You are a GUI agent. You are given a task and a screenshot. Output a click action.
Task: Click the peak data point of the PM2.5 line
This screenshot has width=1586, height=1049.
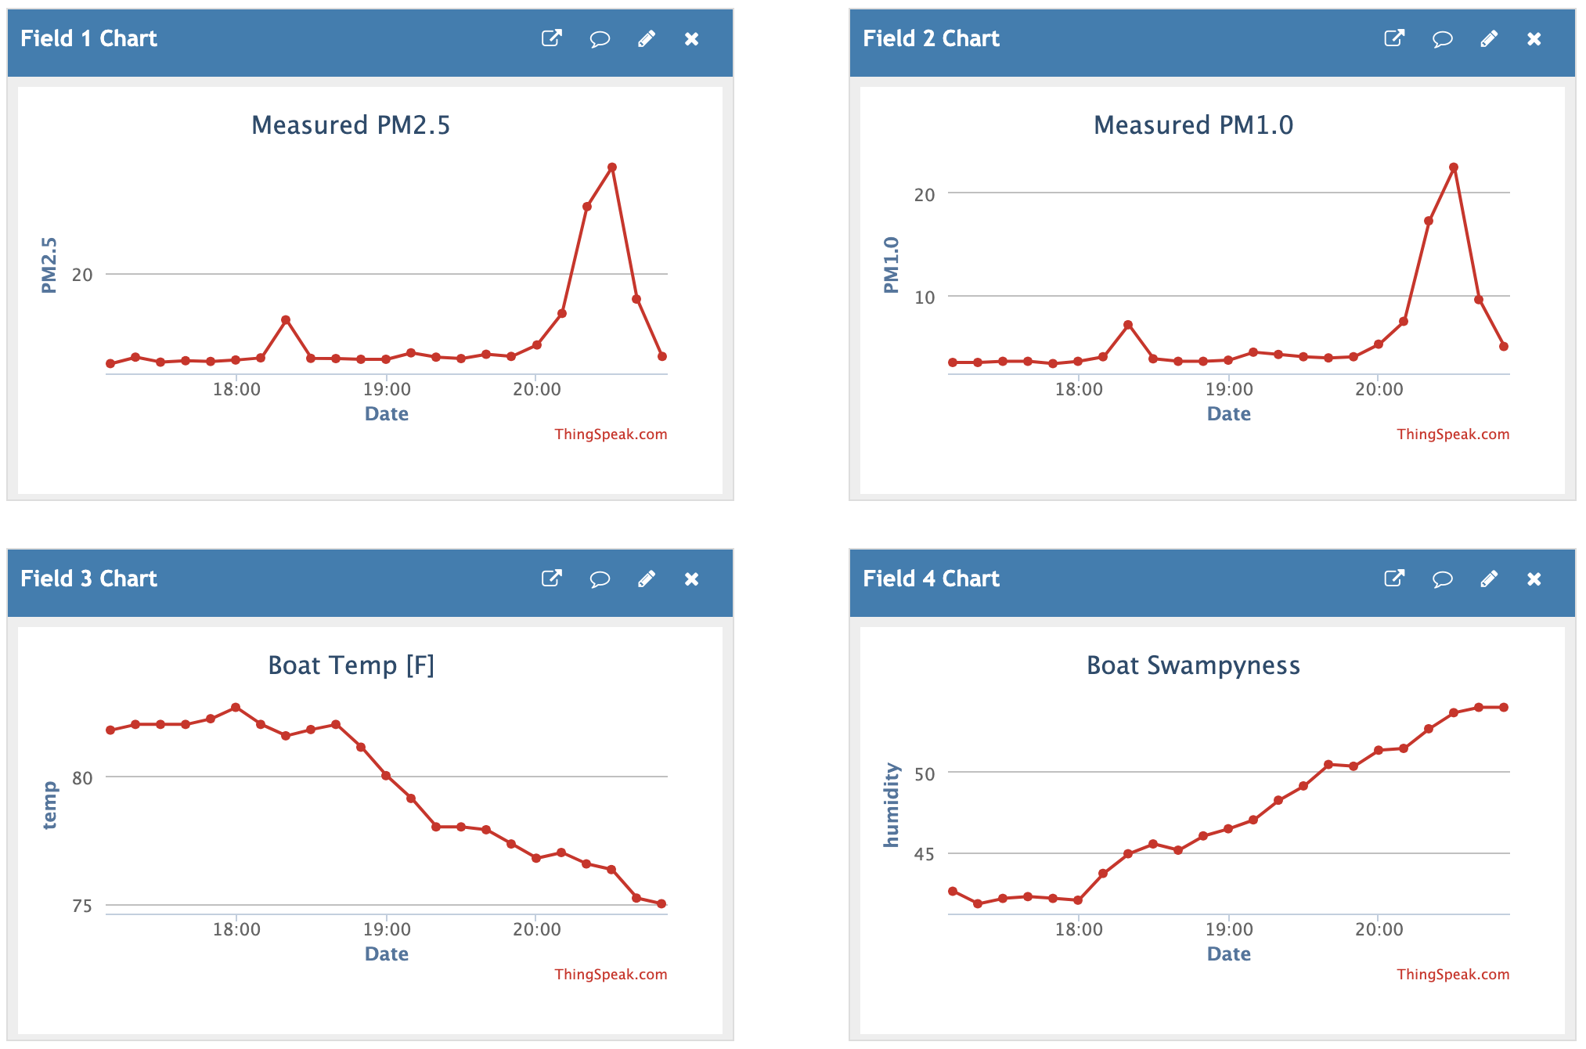point(612,168)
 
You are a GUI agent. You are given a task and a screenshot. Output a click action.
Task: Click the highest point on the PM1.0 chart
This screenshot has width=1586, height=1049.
point(1454,168)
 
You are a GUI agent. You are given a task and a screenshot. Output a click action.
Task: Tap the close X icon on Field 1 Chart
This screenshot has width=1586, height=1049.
point(691,38)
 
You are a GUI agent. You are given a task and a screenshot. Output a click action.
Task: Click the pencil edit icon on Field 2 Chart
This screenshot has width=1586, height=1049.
point(1489,38)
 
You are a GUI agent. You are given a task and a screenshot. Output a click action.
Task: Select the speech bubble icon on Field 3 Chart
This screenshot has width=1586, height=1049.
point(600,579)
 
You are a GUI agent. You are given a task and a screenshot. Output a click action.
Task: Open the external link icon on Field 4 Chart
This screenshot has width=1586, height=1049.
point(1394,579)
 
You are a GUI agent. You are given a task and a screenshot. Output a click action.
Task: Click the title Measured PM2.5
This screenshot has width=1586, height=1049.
point(351,125)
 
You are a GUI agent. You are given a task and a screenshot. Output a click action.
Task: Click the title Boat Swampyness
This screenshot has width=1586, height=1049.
point(1193,665)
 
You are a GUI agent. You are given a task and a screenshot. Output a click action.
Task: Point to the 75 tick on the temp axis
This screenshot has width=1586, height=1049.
point(82,906)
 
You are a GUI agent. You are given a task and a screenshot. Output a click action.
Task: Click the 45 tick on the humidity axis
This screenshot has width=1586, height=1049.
point(925,854)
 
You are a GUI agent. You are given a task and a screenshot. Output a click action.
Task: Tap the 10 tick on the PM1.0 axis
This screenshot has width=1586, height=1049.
point(925,297)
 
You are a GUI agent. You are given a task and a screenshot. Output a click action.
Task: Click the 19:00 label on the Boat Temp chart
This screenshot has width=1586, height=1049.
point(387,929)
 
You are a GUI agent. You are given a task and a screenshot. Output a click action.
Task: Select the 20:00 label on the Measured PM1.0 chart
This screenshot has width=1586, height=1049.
point(1379,389)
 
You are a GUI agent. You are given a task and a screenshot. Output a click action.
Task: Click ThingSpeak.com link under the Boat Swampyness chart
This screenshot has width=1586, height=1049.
point(1453,975)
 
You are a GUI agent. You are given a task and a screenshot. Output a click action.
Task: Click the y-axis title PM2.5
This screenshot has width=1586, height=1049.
point(49,265)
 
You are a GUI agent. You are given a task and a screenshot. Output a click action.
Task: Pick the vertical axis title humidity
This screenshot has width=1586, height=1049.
point(891,805)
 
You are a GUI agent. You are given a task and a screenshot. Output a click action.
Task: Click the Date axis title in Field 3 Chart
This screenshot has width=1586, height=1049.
point(387,953)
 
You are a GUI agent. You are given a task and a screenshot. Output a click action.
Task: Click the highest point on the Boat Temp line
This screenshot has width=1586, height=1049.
point(236,708)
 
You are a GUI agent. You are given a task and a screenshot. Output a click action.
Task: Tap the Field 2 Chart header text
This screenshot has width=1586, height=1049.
point(931,38)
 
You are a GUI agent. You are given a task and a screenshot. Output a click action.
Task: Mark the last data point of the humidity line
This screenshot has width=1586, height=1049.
point(1504,708)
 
